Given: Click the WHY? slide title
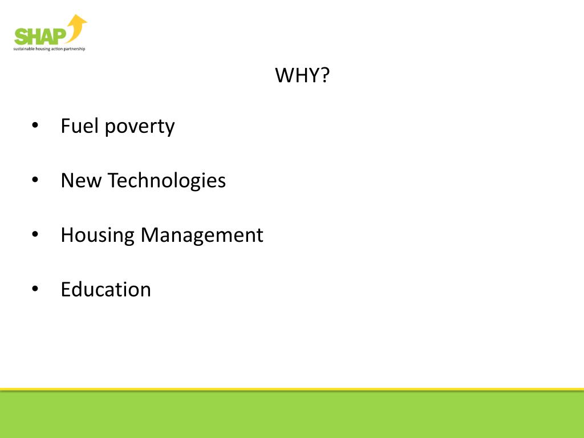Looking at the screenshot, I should coord(302,75).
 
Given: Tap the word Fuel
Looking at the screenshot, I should coord(79,126).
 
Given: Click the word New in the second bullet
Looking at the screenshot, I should coord(81,181).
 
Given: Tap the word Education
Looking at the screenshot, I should coord(106,289).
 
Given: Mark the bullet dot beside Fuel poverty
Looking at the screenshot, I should coord(35,127).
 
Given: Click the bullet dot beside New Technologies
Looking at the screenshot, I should coord(35,181).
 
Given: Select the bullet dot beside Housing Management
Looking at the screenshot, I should coord(35,235).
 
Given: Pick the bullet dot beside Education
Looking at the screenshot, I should coord(35,289).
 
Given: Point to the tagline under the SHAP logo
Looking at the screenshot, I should coord(49,49).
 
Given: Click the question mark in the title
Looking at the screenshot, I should coord(325,75).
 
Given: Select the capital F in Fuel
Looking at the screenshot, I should coord(65,126).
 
